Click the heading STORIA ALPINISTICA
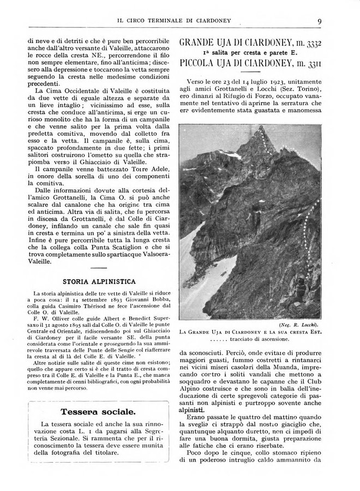[x=95, y=282]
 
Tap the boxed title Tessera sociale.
[x=95, y=410]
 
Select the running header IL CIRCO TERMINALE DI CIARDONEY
[x=175, y=21]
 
